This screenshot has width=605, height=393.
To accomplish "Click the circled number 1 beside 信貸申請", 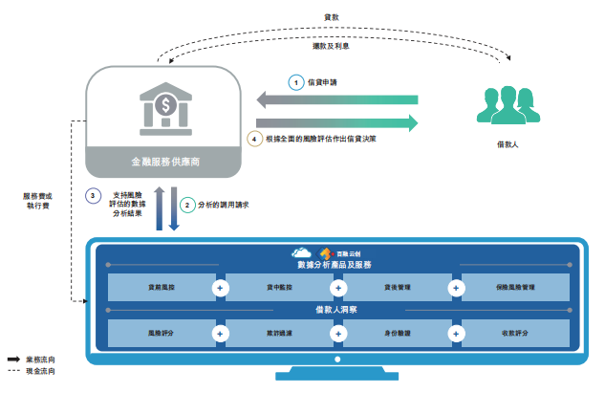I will (x=296, y=82).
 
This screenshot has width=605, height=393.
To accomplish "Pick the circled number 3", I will (x=93, y=195).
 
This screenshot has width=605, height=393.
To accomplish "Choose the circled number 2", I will (x=188, y=204).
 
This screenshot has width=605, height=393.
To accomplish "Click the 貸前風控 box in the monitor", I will (x=162, y=286).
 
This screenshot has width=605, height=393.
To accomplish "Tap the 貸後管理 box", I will (x=397, y=286).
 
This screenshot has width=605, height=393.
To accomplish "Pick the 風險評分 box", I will (x=162, y=334).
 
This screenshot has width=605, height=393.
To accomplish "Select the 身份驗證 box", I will (x=397, y=334).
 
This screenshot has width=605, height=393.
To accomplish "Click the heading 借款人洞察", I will (x=338, y=310).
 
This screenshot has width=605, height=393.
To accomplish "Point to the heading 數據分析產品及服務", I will (x=338, y=264).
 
